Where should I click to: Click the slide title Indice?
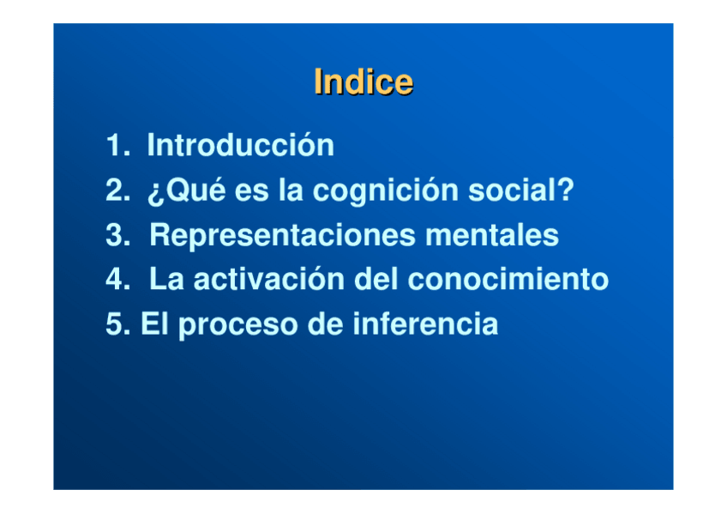(x=363, y=82)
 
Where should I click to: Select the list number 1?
(x=117, y=145)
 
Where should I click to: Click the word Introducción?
(x=241, y=144)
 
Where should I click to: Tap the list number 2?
(x=117, y=190)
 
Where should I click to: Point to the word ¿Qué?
(x=186, y=190)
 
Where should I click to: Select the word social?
(x=521, y=190)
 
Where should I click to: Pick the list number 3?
(x=117, y=235)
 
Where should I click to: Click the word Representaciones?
(x=282, y=236)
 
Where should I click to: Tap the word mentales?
(x=492, y=234)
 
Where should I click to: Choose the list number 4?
(x=117, y=279)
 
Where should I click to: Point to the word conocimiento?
(x=508, y=279)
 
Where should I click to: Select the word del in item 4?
(x=376, y=278)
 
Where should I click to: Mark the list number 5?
(x=117, y=324)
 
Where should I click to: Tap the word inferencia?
(x=425, y=323)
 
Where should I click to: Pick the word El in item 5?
(x=155, y=323)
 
